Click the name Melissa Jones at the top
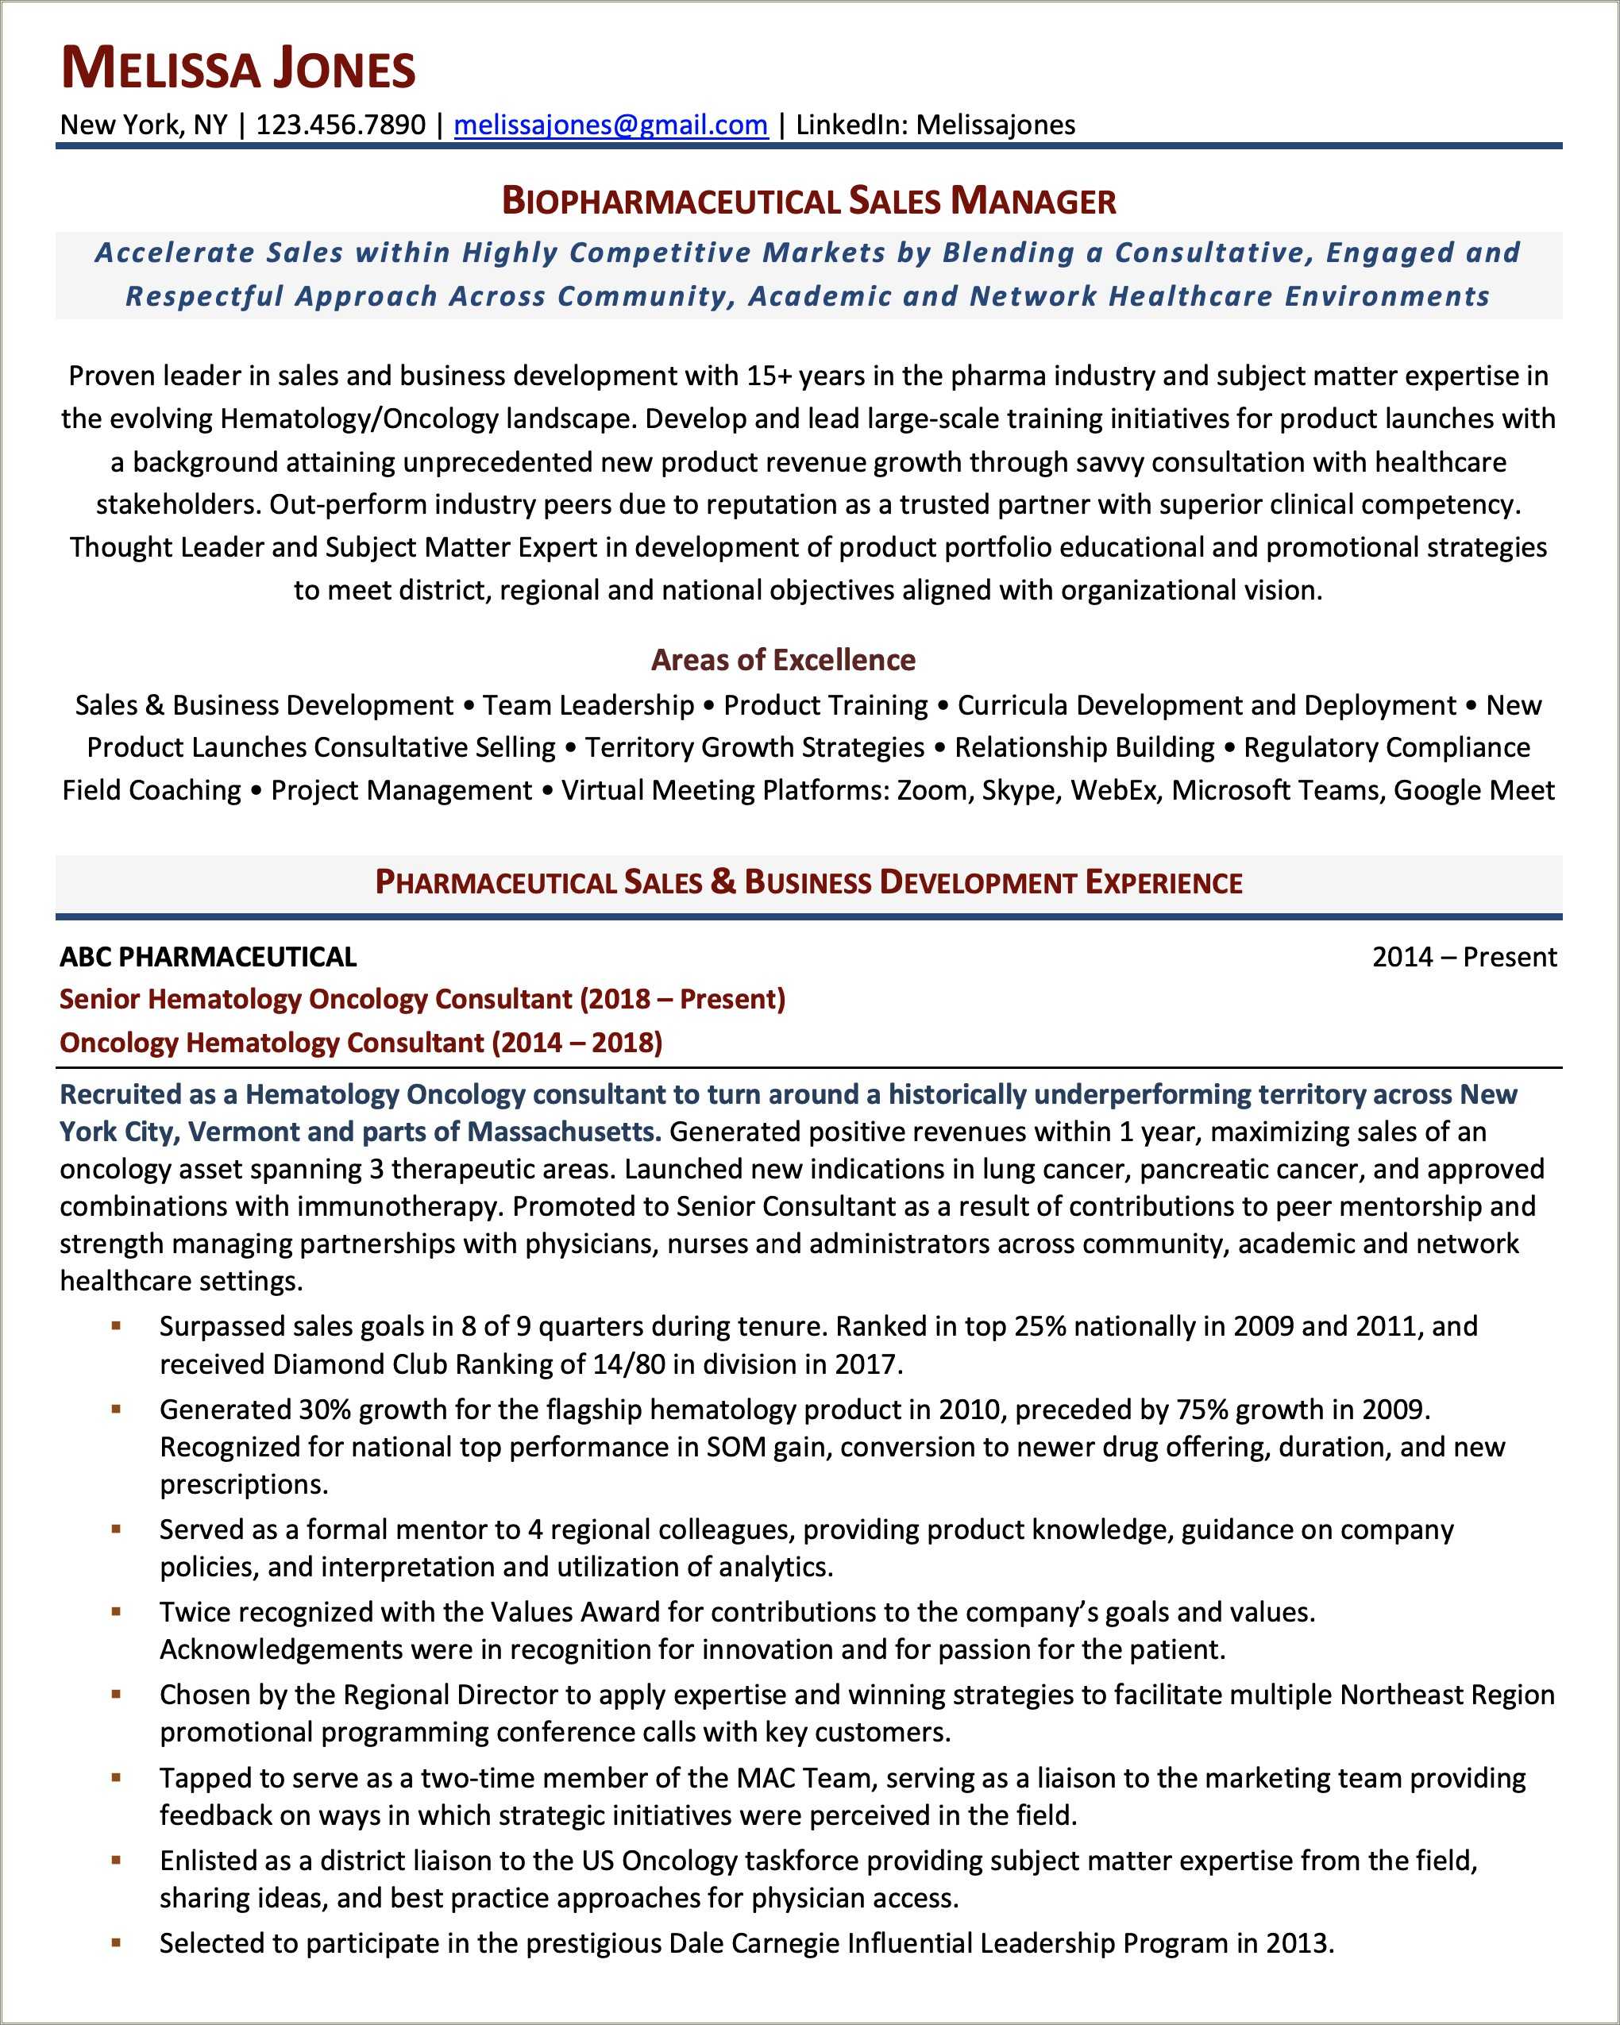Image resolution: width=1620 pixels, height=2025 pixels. point(237,71)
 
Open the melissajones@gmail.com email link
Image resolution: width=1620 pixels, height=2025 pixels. point(611,125)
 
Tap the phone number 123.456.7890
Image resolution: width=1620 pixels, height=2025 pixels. point(341,125)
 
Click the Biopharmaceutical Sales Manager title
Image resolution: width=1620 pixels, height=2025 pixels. point(808,201)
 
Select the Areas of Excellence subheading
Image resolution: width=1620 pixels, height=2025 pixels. point(782,660)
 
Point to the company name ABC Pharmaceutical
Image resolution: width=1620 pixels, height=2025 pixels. point(209,957)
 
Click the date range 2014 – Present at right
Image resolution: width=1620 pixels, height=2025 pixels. point(1464,957)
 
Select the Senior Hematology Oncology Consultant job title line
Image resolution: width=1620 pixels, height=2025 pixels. point(422,999)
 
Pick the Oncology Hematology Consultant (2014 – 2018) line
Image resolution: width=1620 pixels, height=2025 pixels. point(361,1043)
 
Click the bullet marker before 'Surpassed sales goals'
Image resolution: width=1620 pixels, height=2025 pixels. point(117,1326)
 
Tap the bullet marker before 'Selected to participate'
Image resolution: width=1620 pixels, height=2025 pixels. point(117,1943)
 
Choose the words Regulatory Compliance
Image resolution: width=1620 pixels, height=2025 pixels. point(1387,747)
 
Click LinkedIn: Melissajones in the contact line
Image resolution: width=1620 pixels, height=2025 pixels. point(935,125)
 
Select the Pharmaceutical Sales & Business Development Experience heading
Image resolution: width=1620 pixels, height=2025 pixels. point(808,882)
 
